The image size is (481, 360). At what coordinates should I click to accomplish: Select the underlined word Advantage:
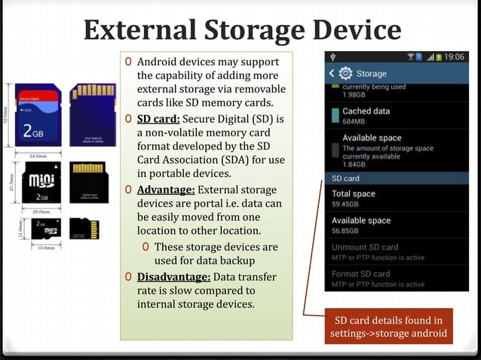(165, 189)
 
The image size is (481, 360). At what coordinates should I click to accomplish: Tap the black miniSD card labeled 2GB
(35, 183)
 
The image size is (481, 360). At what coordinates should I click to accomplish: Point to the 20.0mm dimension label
(35, 212)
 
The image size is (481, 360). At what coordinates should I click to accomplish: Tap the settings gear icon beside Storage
(346, 73)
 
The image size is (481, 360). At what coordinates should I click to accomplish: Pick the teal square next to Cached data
(333, 116)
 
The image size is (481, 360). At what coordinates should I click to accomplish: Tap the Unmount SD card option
(365, 247)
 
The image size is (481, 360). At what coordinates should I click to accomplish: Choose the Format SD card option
(361, 273)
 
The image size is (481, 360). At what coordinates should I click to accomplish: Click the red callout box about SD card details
(389, 327)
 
